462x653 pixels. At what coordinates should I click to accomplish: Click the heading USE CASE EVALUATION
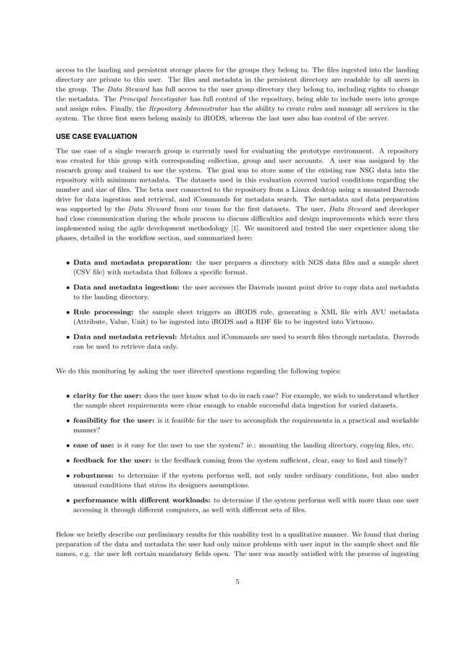point(96,136)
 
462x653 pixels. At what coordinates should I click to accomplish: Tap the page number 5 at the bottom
point(237,580)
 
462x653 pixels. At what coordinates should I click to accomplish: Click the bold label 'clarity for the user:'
point(107,396)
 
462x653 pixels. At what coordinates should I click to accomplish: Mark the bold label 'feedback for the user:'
point(112,461)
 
